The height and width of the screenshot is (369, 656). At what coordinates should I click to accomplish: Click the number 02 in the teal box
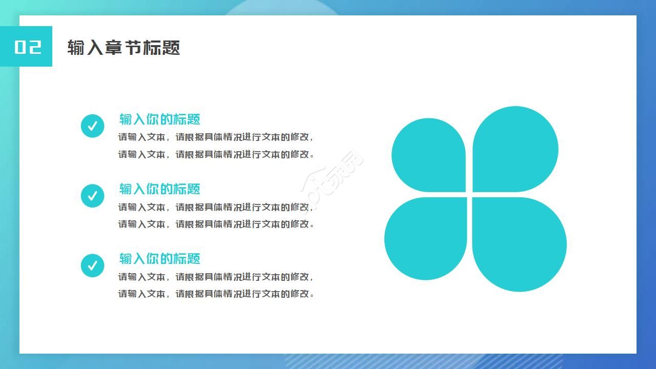tap(28, 47)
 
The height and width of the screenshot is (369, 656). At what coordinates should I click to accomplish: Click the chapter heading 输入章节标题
tap(124, 48)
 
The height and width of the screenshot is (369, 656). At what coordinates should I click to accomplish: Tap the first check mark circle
tap(93, 126)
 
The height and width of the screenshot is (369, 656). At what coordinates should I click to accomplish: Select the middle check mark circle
tap(93, 196)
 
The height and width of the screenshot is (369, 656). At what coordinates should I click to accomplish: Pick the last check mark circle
tap(93, 265)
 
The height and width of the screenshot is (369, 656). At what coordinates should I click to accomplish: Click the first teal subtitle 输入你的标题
tap(159, 119)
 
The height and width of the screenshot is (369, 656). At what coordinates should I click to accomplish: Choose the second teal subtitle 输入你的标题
tap(159, 189)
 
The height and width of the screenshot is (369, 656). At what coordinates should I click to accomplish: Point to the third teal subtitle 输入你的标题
tap(159, 259)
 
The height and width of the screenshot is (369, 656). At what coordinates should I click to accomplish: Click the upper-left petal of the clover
tap(429, 155)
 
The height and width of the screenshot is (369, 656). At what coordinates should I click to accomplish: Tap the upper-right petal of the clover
tap(516, 149)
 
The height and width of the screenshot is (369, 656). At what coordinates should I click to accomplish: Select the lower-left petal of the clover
tap(426, 239)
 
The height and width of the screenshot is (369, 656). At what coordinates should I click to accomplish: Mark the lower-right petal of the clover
tap(519, 244)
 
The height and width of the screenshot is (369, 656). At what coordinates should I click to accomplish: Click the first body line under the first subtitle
tap(216, 137)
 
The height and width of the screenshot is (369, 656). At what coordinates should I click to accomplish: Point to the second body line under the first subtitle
tap(216, 154)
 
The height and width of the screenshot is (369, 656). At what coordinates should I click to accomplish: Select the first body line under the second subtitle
tap(216, 207)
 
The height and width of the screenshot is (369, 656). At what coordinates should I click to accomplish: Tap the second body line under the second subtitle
tap(216, 224)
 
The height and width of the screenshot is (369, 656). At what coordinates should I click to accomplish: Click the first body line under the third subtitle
tap(216, 277)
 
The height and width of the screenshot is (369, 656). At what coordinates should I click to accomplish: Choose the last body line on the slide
tap(216, 294)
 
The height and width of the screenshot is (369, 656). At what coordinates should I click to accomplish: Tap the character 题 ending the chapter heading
tap(171, 48)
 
